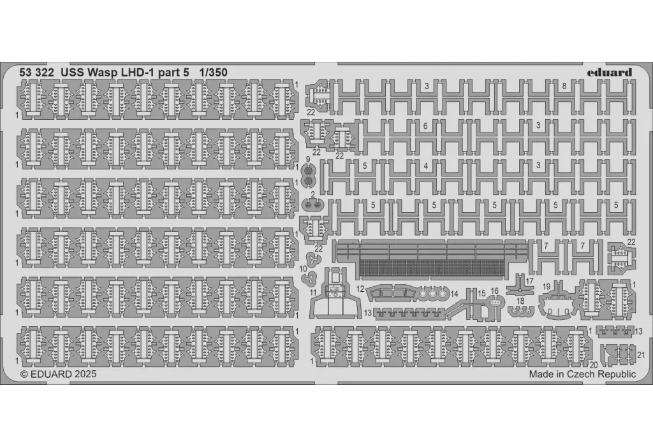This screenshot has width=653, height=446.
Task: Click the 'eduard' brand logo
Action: pyautogui.click(x=609, y=73)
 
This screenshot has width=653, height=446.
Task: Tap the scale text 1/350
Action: pyautogui.click(x=213, y=73)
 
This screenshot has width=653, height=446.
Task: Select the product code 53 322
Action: pyautogui.click(x=36, y=73)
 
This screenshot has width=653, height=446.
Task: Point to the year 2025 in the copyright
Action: pyautogui.click(x=86, y=374)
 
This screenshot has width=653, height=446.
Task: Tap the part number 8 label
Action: pyautogui.click(x=564, y=87)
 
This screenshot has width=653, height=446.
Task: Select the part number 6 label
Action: pyautogui.click(x=425, y=126)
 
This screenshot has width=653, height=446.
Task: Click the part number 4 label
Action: pyautogui.click(x=425, y=166)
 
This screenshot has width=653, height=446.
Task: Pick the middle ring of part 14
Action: pyautogui.click(x=432, y=294)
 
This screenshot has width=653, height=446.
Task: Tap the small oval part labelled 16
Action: pyautogui.click(x=494, y=303)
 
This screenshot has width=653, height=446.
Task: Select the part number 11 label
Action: pyautogui.click(x=313, y=293)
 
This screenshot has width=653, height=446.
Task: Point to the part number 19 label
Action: pyautogui.click(x=547, y=287)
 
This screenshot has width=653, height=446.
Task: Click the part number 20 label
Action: pyautogui.click(x=594, y=365)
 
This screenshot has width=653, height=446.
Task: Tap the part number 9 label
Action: pyautogui.click(x=308, y=159)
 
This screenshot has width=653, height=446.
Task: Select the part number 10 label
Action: pyautogui.click(x=303, y=269)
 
